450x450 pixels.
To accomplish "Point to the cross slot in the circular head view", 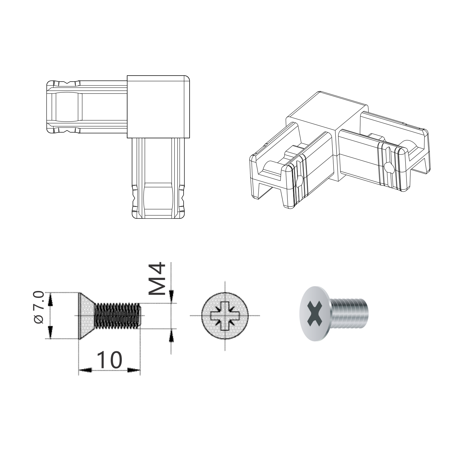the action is pyautogui.click(x=225, y=316).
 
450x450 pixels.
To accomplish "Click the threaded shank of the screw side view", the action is pyautogui.click(x=118, y=316).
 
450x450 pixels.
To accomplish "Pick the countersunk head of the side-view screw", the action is pyautogui.click(x=86, y=316).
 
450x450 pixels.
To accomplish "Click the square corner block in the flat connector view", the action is pyautogui.click(x=158, y=106).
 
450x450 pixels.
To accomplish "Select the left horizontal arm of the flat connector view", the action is pyautogui.click(x=87, y=106).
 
